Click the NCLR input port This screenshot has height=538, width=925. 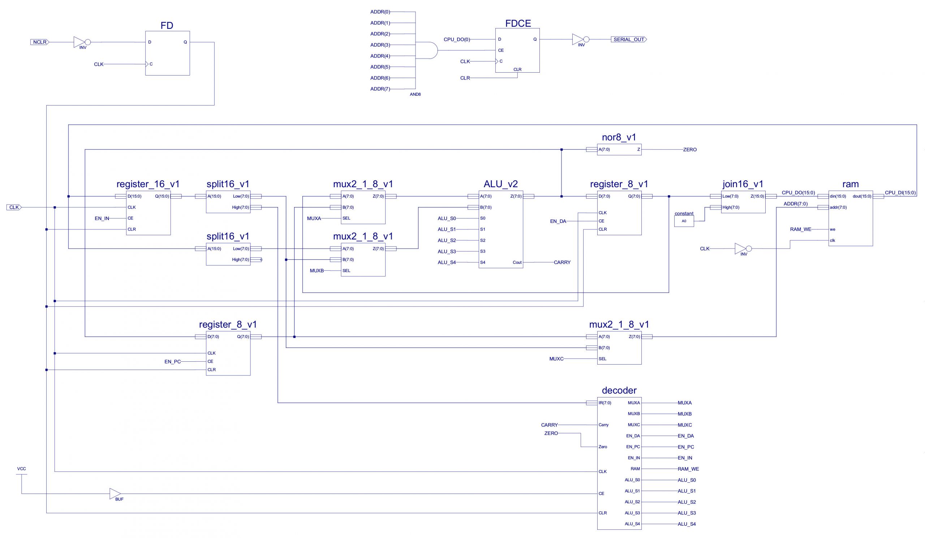pos(40,42)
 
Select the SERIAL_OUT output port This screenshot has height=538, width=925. pos(629,39)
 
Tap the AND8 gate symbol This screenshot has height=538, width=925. pos(426,50)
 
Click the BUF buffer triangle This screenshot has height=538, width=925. pos(115,494)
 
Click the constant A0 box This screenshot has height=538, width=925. pos(684,221)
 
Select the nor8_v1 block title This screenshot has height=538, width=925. pos(619,137)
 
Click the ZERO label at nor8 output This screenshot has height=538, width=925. pos(690,150)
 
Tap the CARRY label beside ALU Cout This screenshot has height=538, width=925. pos(562,262)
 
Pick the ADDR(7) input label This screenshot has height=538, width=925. pos(380,89)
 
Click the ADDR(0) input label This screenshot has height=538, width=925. pos(380,12)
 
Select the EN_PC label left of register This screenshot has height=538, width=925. pos(172,361)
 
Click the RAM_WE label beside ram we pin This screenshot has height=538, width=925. pos(801,229)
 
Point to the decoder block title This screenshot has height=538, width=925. pos(619,391)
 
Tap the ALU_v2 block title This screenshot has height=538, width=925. pos(501,184)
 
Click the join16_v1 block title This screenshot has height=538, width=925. pos(743,184)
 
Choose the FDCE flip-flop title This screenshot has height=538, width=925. pos(518,23)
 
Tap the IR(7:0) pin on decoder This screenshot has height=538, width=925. pos(605,403)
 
